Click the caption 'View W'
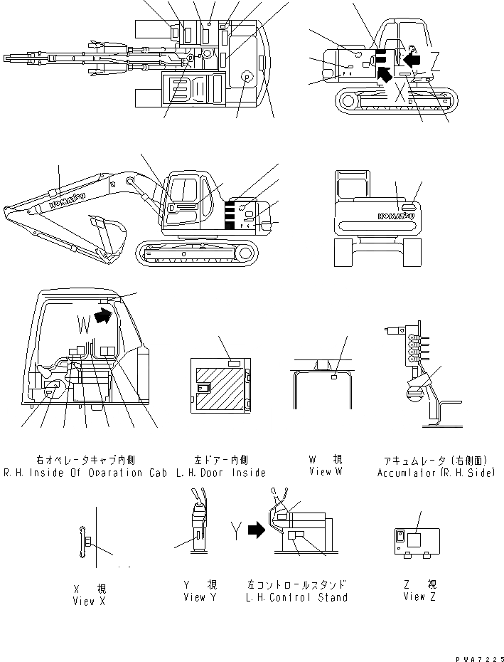tap(326, 472)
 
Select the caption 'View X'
tap(89, 601)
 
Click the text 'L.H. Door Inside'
tap(220, 473)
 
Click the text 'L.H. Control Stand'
tap(296, 597)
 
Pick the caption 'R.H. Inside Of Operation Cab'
tap(83, 473)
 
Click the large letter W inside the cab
tap(85, 325)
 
